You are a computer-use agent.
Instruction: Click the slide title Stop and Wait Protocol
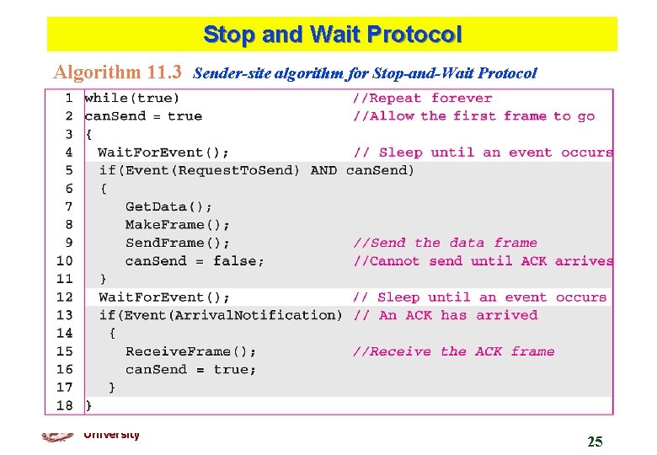[332, 35]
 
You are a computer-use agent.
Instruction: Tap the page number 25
[595, 442]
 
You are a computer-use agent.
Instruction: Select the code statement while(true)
[132, 99]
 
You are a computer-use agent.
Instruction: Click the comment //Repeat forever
[422, 99]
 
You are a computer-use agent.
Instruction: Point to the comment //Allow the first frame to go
[473, 116]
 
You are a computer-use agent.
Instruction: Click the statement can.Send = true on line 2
[143, 116]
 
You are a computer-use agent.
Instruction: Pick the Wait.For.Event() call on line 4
[163, 153]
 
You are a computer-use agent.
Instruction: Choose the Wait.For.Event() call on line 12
[163, 297]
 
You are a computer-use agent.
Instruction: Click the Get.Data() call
[169, 206]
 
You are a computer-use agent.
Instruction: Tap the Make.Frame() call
[177, 225]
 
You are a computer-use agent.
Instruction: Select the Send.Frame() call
[177, 243]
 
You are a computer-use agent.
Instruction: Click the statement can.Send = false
[195, 261]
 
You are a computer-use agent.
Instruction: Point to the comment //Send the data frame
[445, 243]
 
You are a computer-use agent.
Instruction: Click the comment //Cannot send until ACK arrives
[483, 261]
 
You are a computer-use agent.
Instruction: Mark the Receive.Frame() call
[191, 351]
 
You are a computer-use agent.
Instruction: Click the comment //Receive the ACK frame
[453, 351]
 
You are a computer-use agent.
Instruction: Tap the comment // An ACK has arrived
[445, 315]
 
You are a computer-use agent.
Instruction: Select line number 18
[65, 405]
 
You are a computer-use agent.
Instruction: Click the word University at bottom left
[111, 435]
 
